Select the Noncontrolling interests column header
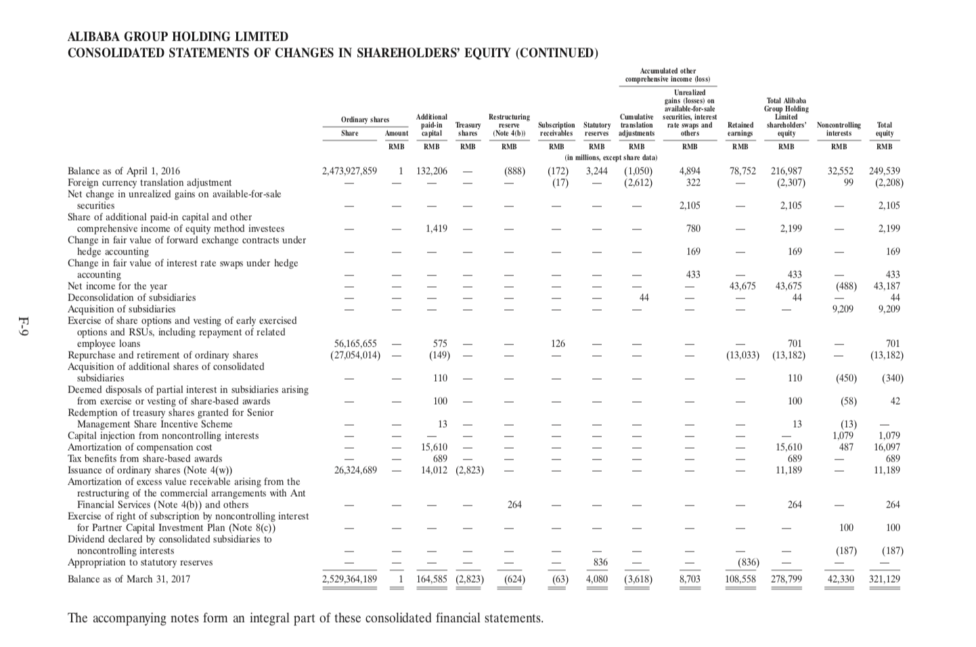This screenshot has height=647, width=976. (x=839, y=129)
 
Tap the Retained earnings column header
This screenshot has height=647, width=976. (x=740, y=129)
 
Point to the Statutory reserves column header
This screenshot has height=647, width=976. (x=596, y=129)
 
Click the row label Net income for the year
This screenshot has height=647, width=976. (x=117, y=286)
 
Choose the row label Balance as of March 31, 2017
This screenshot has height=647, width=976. (x=129, y=579)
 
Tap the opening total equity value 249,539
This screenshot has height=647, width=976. (x=885, y=171)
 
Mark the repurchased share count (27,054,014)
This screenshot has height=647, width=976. (x=355, y=355)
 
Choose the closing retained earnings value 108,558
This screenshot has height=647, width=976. (x=740, y=579)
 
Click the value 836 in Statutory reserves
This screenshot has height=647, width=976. (x=600, y=562)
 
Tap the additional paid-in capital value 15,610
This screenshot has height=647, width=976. (x=434, y=447)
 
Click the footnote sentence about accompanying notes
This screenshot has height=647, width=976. (x=305, y=619)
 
